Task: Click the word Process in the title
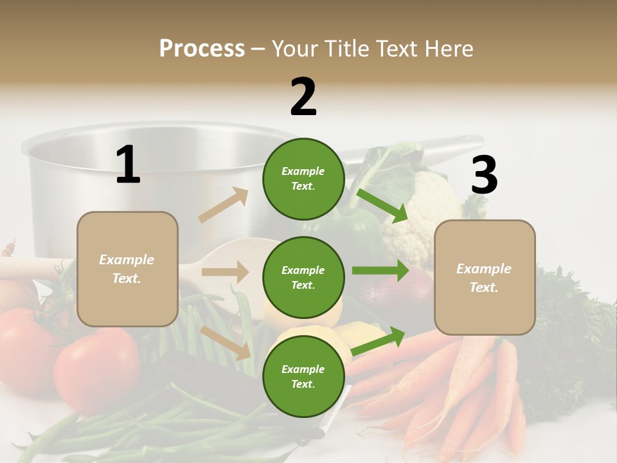click(202, 48)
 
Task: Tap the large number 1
click(128, 165)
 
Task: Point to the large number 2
click(303, 97)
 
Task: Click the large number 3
click(484, 176)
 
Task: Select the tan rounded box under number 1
click(127, 269)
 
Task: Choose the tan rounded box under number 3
click(485, 277)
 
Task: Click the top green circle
click(303, 179)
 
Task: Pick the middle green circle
click(303, 278)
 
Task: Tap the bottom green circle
click(303, 377)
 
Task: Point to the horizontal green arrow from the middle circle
click(380, 270)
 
